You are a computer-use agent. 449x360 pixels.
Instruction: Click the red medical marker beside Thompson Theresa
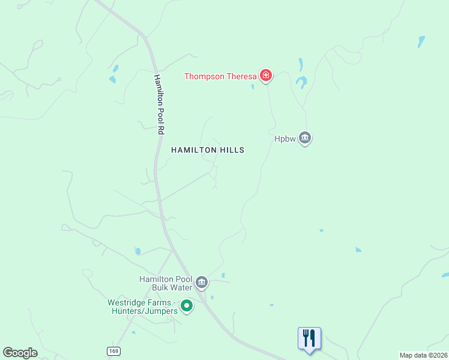click(265, 76)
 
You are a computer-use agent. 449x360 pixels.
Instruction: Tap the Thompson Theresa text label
click(220, 76)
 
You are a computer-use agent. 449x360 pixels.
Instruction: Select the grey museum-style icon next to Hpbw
click(305, 139)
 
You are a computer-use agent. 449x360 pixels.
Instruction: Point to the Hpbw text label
click(285, 139)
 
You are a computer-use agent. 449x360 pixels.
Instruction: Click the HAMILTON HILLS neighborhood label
click(208, 150)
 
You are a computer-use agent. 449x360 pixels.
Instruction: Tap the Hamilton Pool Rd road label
click(159, 104)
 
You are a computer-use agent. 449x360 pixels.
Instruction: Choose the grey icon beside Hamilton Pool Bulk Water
click(202, 282)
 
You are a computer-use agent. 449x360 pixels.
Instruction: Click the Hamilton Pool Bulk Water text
click(165, 283)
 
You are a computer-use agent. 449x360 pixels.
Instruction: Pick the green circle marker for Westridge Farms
click(187, 307)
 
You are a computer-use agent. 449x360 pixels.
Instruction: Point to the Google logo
click(20, 353)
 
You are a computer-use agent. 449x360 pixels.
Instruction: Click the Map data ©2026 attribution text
click(423, 355)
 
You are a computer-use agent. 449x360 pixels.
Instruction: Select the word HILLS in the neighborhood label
click(231, 150)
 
